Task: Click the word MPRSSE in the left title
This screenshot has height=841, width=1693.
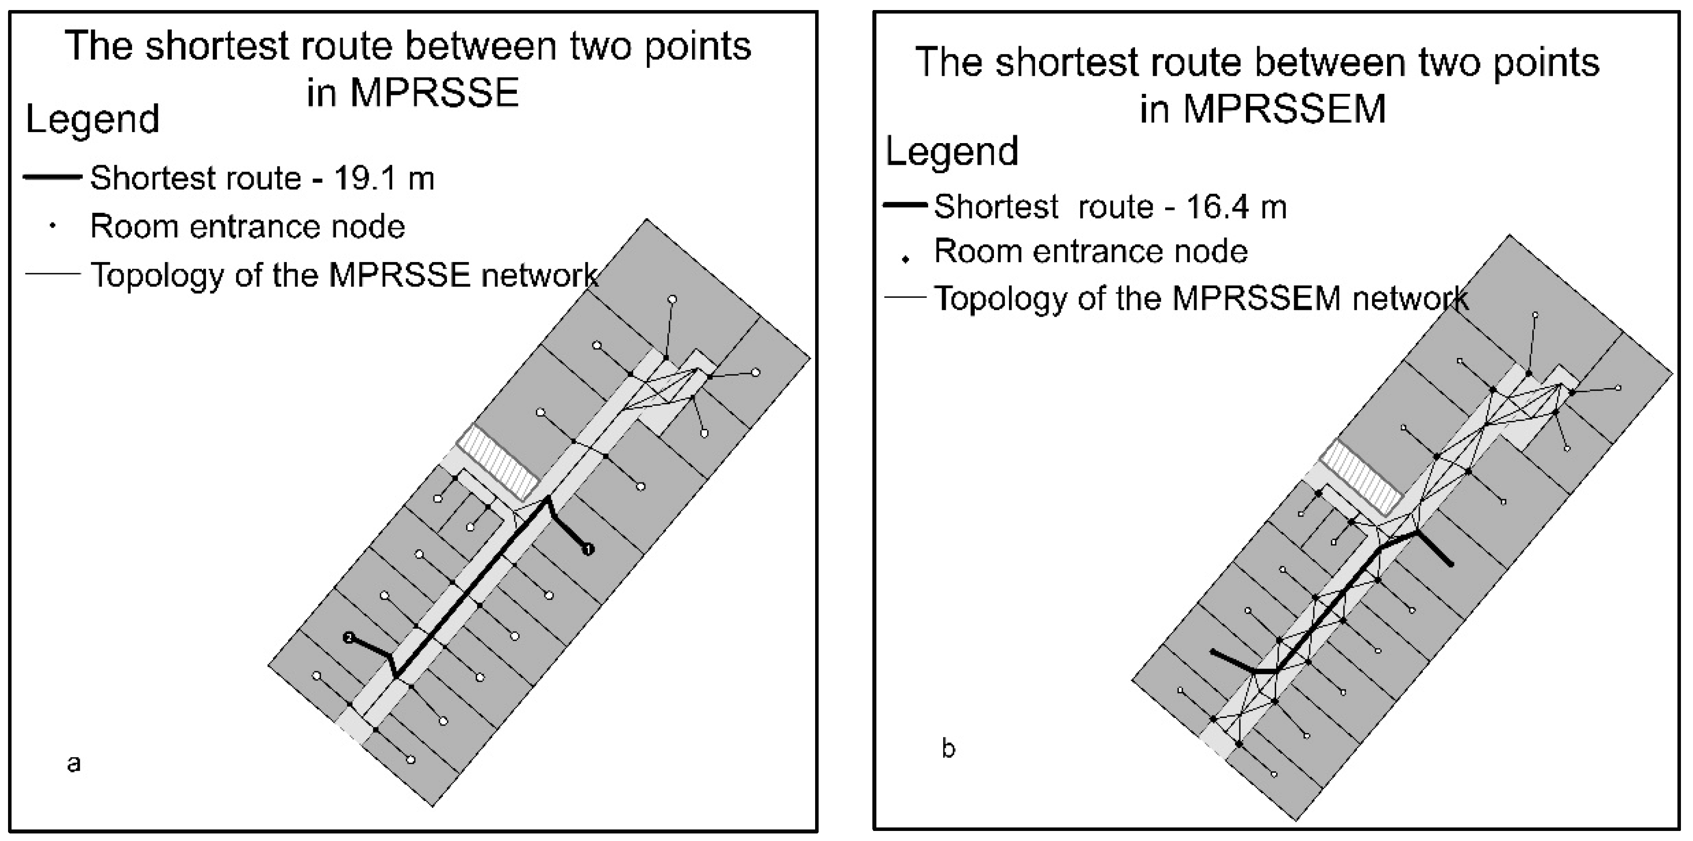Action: tap(434, 93)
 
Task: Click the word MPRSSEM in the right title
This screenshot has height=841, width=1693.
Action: tap(1284, 109)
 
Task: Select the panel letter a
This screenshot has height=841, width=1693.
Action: tap(74, 764)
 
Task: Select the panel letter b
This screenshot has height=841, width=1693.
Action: tap(948, 748)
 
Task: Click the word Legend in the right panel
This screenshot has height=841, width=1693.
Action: tap(952, 151)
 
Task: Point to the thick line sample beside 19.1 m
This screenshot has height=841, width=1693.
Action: tap(53, 177)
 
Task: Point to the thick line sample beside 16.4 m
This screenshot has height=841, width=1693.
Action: tap(905, 205)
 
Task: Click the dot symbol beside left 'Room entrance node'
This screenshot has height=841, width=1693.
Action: tap(53, 226)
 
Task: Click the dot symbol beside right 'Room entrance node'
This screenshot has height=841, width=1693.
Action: tap(906, 260)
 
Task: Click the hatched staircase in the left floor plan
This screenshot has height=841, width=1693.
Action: tap(501, 461)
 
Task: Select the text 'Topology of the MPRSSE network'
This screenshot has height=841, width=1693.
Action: tap(345, 275)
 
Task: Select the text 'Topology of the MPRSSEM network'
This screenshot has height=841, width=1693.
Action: tap(1201, 298)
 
